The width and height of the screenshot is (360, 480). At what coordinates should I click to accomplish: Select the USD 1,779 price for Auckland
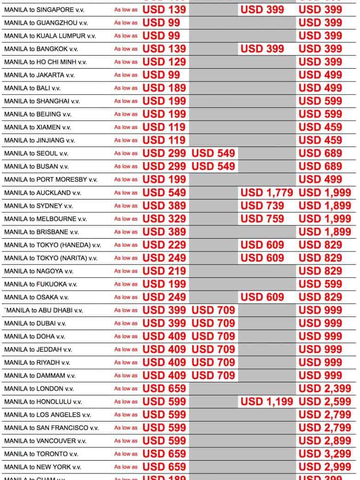click(x=267, y=193)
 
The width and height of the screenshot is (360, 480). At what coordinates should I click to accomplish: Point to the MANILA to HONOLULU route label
click(x=43, y=402)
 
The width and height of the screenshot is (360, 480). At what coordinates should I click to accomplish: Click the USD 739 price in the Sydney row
click(x=262, y=206)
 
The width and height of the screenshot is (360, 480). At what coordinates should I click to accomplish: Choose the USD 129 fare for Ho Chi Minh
click(x=164, y=62)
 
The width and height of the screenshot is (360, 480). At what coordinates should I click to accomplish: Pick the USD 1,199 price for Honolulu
click(x=267, y=402)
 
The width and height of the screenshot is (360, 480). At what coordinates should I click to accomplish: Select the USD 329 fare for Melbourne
click(x=164, y=219)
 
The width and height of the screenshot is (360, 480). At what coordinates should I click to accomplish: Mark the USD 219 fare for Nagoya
click(x=164, y=271)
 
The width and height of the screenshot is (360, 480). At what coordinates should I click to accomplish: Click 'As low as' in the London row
click(x=126, y=389)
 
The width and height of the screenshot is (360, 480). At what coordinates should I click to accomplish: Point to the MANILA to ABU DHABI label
click(x=44, y=310)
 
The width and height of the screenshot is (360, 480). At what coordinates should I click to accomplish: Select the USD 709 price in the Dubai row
click(x=213, y=323)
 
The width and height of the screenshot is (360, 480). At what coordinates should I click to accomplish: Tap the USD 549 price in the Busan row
click(x=213, y=166)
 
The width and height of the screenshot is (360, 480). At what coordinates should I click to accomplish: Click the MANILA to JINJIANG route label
click(x=39, y=140)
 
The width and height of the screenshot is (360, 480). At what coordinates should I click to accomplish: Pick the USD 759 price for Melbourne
click(x=262, y=219)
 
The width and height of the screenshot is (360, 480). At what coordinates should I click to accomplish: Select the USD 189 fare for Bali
click(x=164, y=88)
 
